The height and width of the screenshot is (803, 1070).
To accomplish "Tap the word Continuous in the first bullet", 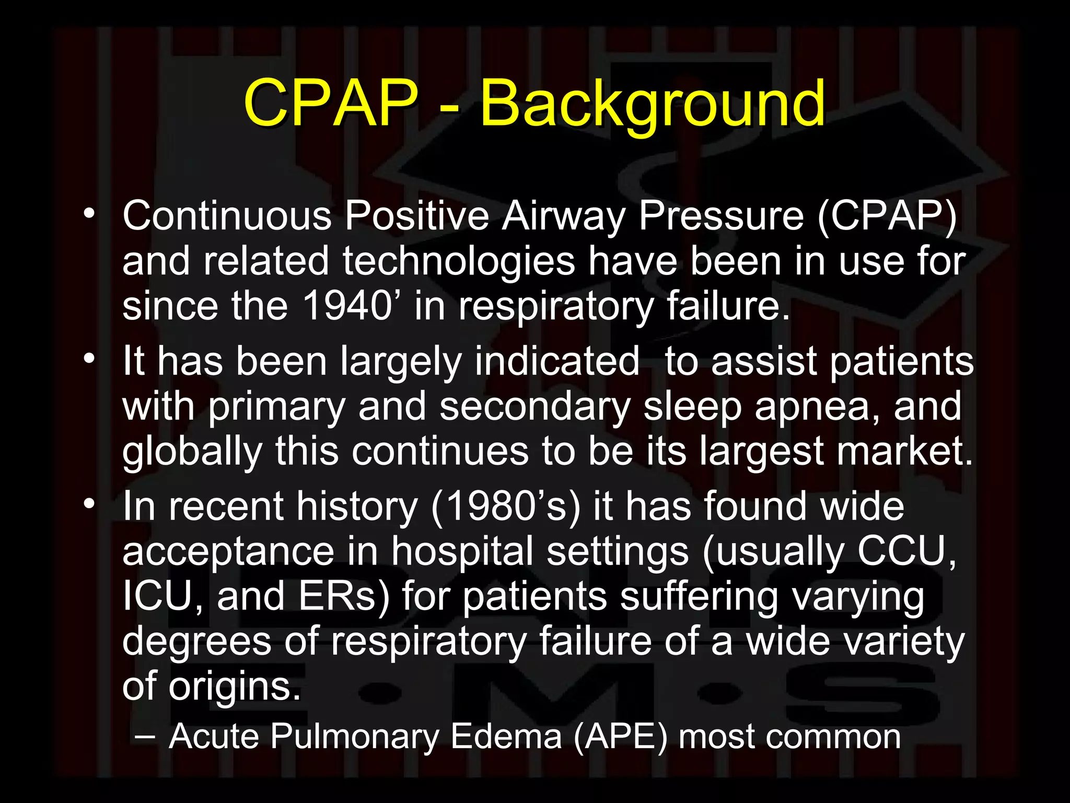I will [227, 215].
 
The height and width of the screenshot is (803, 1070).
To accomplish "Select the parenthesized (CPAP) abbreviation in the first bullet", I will [887, 216].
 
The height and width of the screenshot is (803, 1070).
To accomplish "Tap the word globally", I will [192, 452].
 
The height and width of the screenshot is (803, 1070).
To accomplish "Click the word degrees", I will [196, 642].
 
